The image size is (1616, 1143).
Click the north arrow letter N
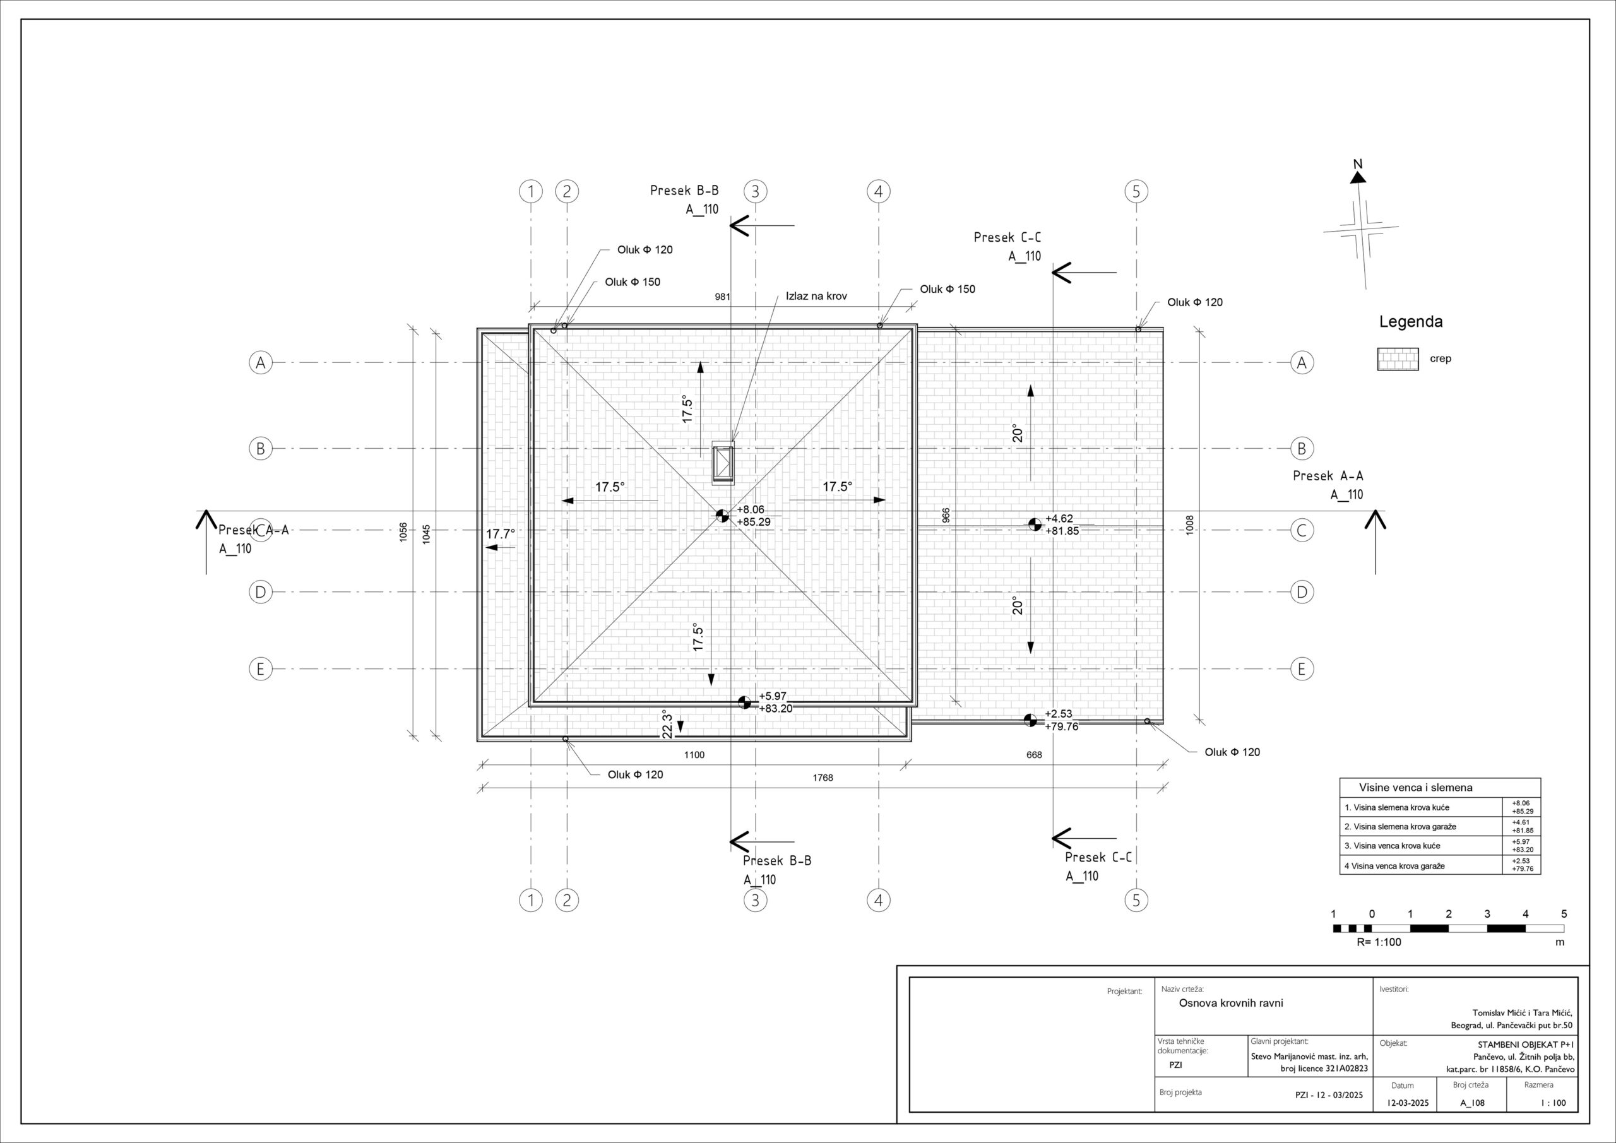point(1358,164)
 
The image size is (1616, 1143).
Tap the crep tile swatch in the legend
point(1398,359)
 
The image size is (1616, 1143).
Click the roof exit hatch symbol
point(723,463)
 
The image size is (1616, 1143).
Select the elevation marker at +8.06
point(722,516)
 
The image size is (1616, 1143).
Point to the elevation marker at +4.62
point(1035,524)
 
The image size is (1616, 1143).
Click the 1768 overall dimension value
point(823,778)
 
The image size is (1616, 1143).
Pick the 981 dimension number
point(723,297)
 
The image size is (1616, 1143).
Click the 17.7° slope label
point(501,534)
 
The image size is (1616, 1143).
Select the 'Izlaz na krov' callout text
point(816,296)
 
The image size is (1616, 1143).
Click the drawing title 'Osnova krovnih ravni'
point(1231,1003)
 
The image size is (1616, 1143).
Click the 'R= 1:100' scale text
point(1379,942)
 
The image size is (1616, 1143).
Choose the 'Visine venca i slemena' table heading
point(1415,788)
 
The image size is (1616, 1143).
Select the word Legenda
point(1410,322)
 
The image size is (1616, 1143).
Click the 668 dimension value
point(1034,754)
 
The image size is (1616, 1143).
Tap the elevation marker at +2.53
point(1030,720)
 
